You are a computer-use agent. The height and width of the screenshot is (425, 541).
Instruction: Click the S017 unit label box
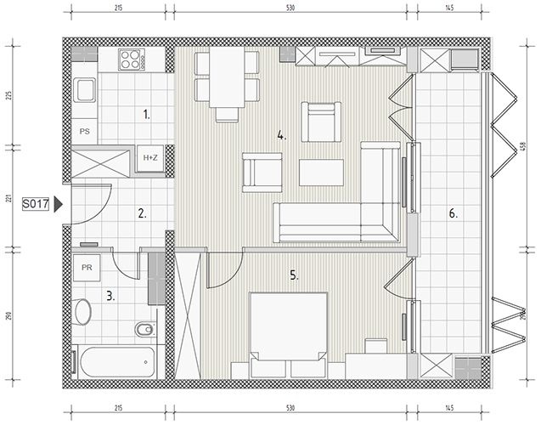pos(36,204)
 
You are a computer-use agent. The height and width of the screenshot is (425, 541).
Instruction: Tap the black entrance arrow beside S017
pos(59,204)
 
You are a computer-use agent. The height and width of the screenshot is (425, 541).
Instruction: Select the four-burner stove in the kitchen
pos(132,59)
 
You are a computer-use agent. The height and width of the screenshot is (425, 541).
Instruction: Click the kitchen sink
pos(85,90)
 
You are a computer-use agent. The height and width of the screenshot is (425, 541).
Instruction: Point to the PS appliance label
pos(85,132)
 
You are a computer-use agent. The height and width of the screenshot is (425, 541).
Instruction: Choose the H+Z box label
pos(150,158)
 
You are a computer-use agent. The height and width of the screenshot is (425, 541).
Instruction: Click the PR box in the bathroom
pos(87,268)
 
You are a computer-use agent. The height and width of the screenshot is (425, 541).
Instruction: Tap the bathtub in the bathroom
pos(117,362)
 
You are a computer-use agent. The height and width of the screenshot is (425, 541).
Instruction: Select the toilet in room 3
pos(144,330)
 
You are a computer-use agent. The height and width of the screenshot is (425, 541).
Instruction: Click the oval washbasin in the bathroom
pos(82,311)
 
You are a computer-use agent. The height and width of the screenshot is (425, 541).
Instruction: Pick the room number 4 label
pos(282,136)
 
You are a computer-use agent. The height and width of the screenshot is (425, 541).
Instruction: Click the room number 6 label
pos(453,213)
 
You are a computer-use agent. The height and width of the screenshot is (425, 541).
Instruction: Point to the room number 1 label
pos(147,114)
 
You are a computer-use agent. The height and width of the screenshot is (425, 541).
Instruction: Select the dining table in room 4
pos(227,77)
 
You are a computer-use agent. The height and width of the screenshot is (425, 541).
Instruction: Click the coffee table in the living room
pos(321,173)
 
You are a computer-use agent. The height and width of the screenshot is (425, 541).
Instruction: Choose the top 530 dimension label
pos(290,8)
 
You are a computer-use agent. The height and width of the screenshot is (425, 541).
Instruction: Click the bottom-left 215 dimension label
pos(118,408)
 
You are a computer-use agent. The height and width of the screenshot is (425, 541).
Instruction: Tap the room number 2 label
pos(142,213)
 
